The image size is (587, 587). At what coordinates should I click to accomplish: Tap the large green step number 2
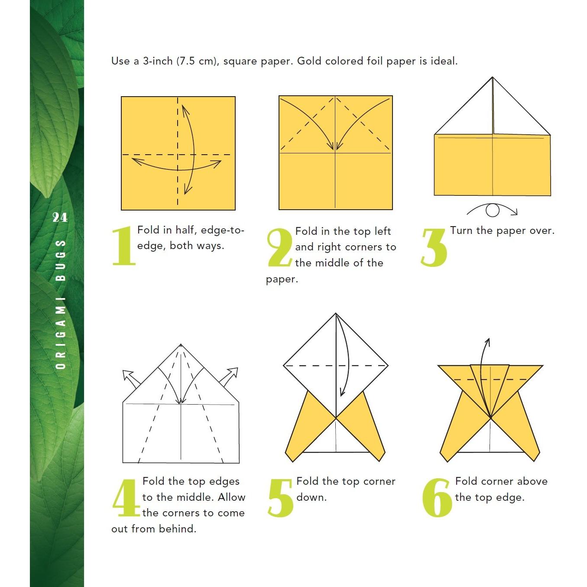pyautogui.click(x=279, y=247)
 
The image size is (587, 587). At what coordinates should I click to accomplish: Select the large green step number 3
pyautogui.click(x=434, y=248)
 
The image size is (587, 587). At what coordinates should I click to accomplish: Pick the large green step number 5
pyautogui.click(x=281, y=498)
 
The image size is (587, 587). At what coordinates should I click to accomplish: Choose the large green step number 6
pyautogui.click(x=437, y=498)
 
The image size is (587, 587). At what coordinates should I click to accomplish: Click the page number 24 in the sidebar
pyautogui.click(x=60, y=217)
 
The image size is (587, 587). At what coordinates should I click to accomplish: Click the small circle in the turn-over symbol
pyautogui.click(x=492, y=211)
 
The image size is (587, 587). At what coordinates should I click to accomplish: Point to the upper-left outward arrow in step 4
pyautogui.click(x=130, y=377)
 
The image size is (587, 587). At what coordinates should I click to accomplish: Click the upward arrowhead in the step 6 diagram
pyautogui.click(x=487, y=342)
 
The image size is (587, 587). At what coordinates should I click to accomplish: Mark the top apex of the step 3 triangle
pyautogui.click(x=492, y=77)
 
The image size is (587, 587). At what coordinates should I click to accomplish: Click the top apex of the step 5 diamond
pyautogui.click(x=336, y=313)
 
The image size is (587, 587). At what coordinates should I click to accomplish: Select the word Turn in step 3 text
pyautogui.click(x=461, y=230)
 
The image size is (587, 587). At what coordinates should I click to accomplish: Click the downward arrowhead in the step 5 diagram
pyautogui.click(x=342, y=392)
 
